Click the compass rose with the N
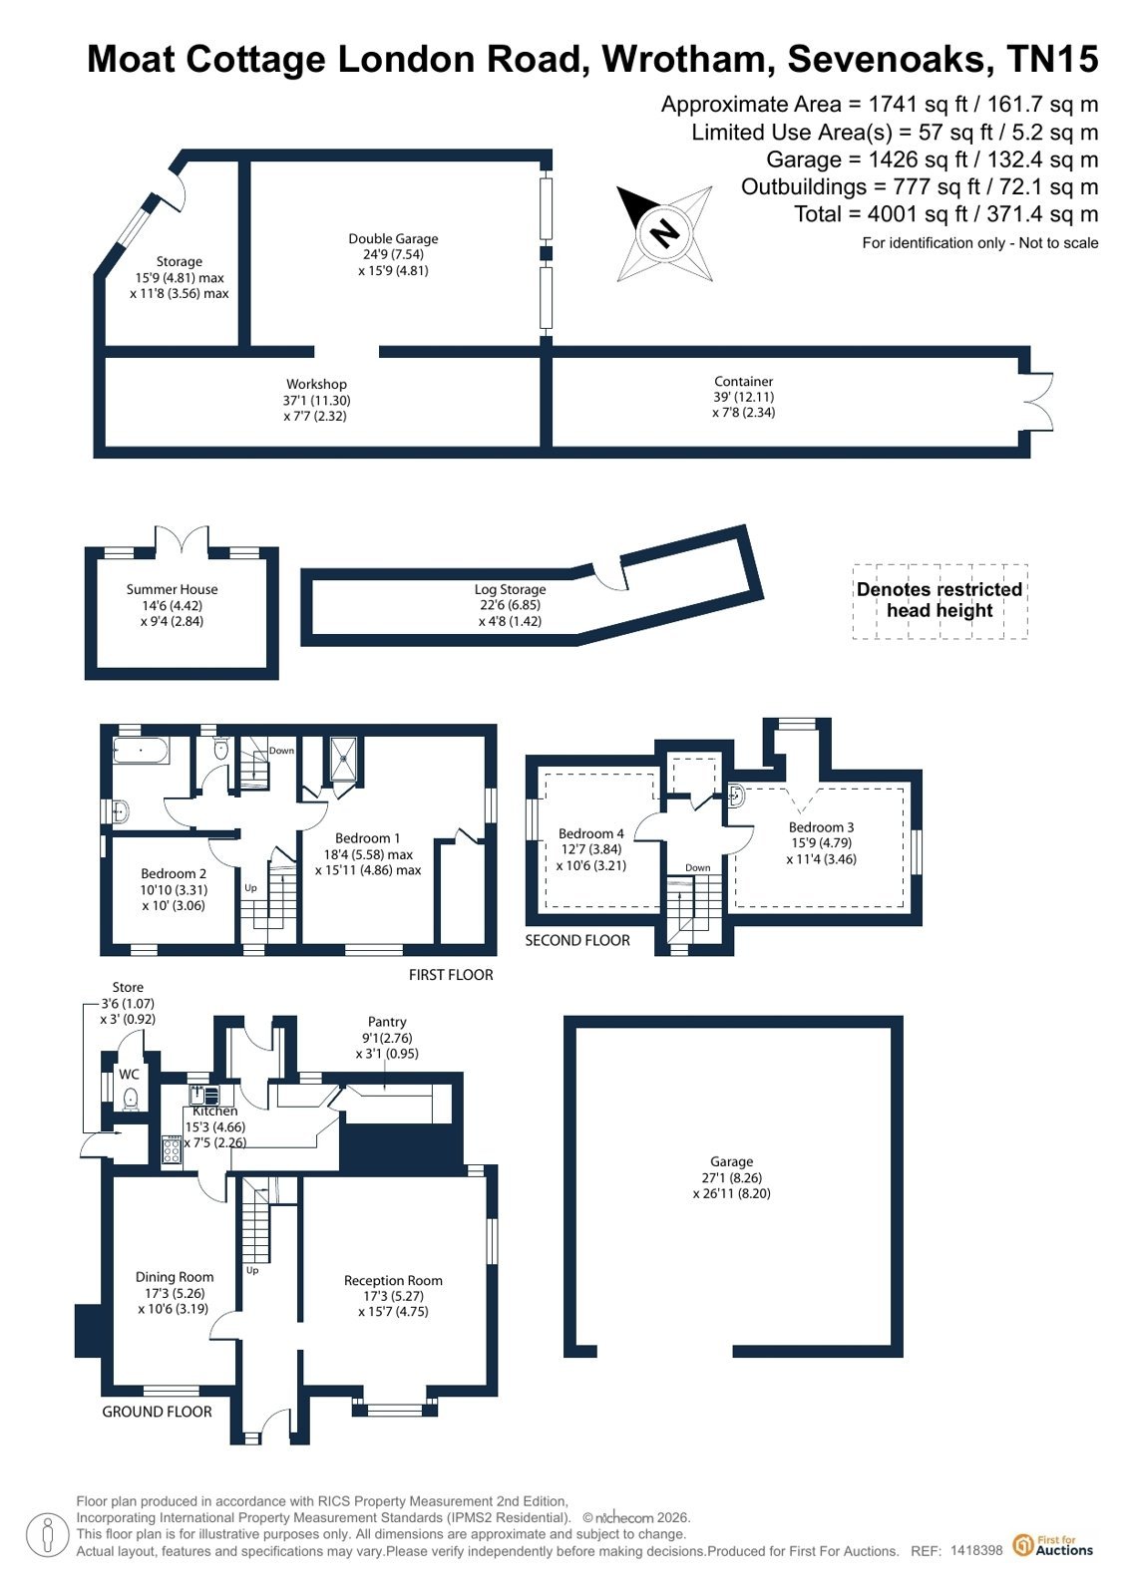point(664,232)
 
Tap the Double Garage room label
point(393,238)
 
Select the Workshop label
point(316,384)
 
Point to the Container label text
point(743,382)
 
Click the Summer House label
point(172,589)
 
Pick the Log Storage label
point(510,589)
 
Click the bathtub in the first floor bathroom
point(141,750)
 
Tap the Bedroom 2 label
point(174,873)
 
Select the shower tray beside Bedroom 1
point(345,760)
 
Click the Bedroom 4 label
point(590,833)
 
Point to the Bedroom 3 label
point(821,826)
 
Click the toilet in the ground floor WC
point(131,1099)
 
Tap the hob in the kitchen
point(171,1149)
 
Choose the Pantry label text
point(387,1022)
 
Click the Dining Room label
point(175,1277)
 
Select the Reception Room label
point(393,1280)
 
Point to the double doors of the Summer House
point(183,538)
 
